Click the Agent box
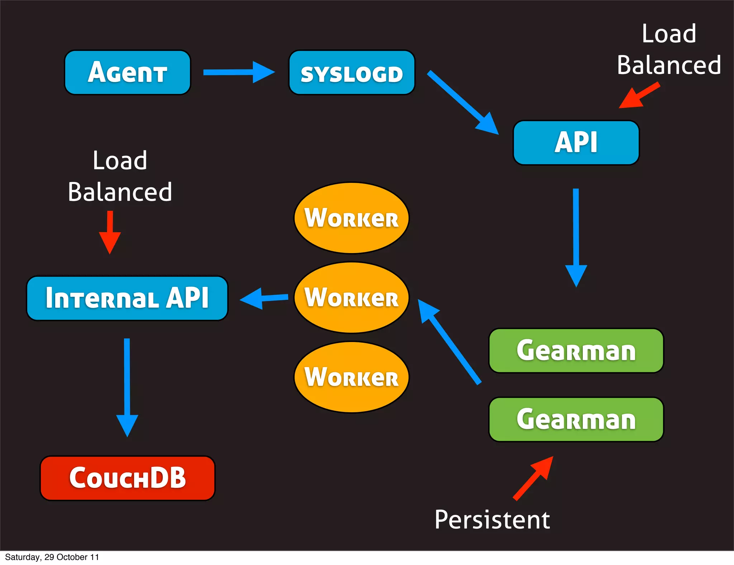click(x=127, y=72)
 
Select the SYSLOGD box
click(x=352, y=72)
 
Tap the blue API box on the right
click(x=576, y=143)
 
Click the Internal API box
click(x=127, y=298)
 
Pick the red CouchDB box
click(x=127, y=478)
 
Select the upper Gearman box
click(x=576, y=351)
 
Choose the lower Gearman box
click(x=576, y=419)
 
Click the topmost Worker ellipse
click(x=351, y=218)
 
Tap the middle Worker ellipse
click(x=351, y=298)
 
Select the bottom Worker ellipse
click(x=351, y=377)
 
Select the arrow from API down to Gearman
click(x=576, y=237)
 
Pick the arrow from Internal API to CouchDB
click(x=127, y=387)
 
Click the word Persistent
click(x=492, y=519)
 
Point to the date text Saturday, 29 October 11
click(x=52, y=557)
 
